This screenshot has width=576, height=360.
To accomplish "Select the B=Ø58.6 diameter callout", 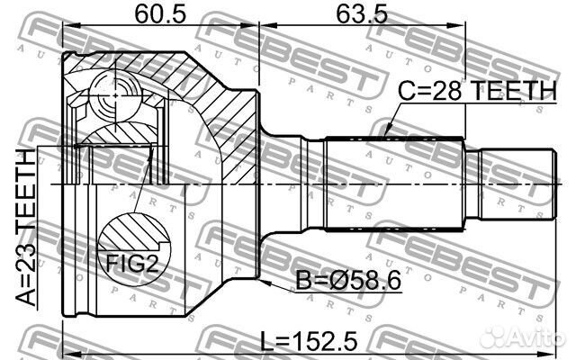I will [x=348, y=281].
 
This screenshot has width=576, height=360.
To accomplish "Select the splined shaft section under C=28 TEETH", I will [x=396, y=183].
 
